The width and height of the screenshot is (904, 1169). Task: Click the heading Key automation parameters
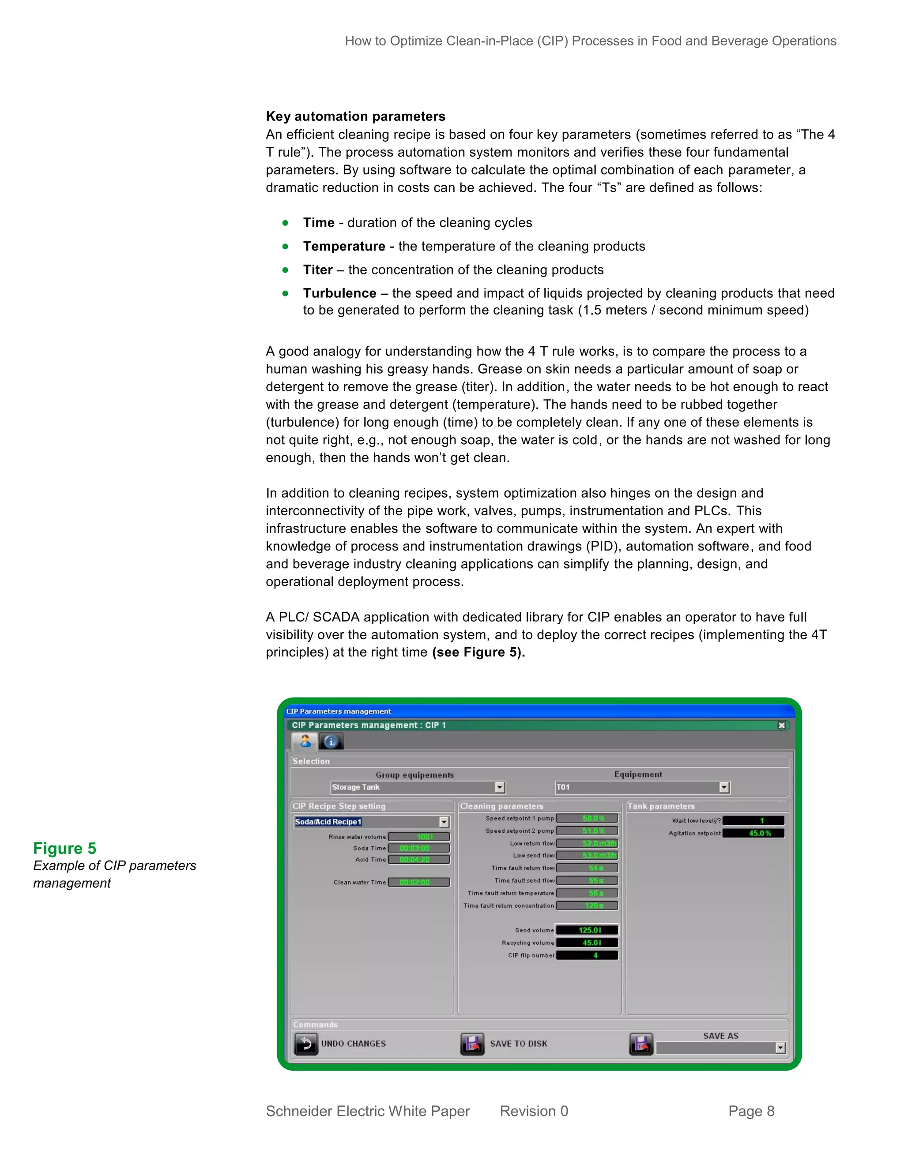(356, 117)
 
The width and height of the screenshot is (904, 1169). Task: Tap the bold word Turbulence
(339, 293)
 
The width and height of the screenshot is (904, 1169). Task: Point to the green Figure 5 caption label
(65, 848)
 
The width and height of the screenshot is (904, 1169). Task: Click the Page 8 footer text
(751, 1111)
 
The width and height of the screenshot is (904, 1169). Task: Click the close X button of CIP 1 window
(781, 725)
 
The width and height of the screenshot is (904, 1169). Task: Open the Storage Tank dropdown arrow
(500, 787)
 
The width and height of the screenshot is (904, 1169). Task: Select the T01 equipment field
(637, 787)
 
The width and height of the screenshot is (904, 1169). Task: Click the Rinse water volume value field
(419, 836)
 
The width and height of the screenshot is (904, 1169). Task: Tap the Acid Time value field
(419, 860)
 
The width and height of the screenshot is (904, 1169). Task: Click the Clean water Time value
(419, 882)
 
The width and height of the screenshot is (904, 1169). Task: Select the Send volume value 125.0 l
(588, 930)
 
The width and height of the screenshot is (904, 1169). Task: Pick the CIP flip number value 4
(588, 955)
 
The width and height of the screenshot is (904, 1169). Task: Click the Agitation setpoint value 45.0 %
(753, 833)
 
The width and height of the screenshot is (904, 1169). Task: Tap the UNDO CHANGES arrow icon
(306, 1044)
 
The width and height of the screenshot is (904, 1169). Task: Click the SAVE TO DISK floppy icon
(472, 1044)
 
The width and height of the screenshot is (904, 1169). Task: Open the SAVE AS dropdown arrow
(780, 1048)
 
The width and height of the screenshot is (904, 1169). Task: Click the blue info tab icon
(331, 742)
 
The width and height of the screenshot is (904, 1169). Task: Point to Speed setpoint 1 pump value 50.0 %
(588, 818)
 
